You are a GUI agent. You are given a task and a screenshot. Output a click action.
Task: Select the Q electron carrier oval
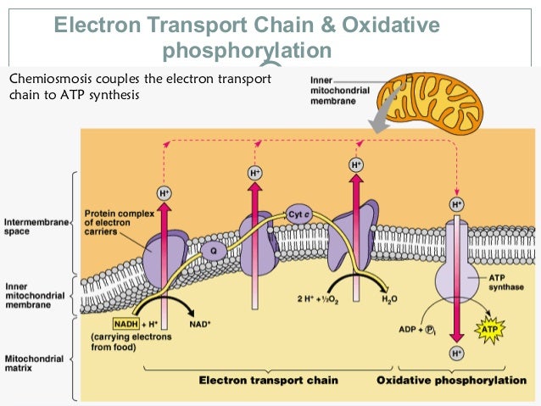click(214, 251)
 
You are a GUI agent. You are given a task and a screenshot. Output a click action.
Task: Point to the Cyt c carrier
click(299, 214)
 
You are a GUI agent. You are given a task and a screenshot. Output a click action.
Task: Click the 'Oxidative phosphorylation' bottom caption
click(451, 380)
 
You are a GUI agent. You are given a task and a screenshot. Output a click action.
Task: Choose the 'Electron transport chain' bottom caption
click(269, 380)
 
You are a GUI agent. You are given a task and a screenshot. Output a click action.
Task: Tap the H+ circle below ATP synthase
click(457, 353)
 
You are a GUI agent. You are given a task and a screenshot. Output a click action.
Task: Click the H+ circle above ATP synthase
click(457, 204)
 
